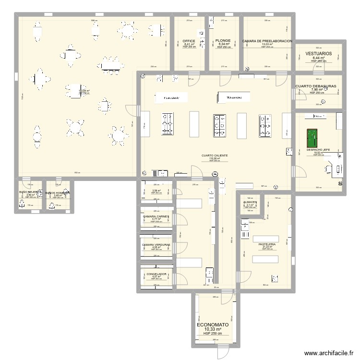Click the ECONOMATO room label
point(213,324)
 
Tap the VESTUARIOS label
point(318,53)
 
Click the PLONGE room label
point(223,41)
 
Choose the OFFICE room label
point(189,41)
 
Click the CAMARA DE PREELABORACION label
point(267,41)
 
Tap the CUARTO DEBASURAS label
point(316,86)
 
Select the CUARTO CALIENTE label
point(215,156)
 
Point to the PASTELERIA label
point(267,244)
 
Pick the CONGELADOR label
point(156,274)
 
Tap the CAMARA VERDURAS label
point(156,244)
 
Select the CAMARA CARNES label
point(156,216)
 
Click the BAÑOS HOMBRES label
point(58,192)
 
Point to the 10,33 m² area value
point(213,329)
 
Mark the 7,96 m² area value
point(317,90)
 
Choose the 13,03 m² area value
point(267,45)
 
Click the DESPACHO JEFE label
point(318,149)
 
